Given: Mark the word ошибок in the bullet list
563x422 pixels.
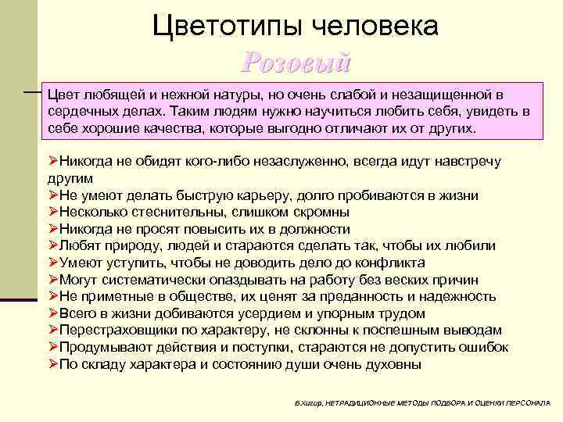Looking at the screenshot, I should (484, 348).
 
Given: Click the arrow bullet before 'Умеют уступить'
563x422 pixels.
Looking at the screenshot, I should (53, 263).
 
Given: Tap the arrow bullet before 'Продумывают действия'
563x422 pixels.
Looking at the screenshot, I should (53, 348).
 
